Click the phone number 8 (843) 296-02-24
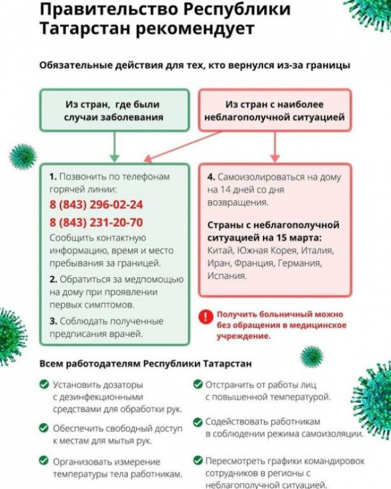tap(96, 205)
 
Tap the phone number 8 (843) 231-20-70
tap(96, 223)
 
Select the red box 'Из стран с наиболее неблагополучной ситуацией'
tap(274, 111)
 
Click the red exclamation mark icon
tap(204, 317)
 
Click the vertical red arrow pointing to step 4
tap(274, 147)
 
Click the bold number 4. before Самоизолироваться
tap(210, 177)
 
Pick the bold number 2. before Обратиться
tap(53, 279)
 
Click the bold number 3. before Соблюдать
tap(53, 321)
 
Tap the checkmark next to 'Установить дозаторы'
tap(44, 384)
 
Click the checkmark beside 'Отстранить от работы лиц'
tap(197, 384)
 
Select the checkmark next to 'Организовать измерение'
tap(44, 461)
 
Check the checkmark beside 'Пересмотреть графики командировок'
tap(197, 461)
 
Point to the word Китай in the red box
tap(219, 250)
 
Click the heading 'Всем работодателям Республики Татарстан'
tap(145, 363)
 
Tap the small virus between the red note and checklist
tap(311, 356)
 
